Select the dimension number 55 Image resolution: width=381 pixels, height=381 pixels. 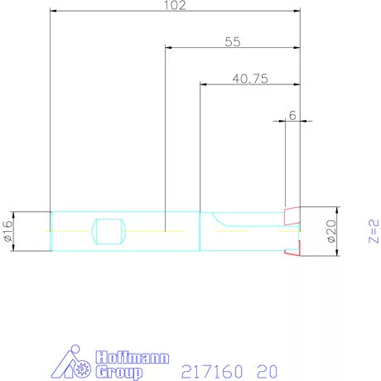pos(233,41)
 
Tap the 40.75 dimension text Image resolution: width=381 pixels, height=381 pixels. pos(249,78)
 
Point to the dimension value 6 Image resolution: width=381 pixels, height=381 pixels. pos(292,116)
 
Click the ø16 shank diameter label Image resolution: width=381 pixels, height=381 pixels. pos(8,231)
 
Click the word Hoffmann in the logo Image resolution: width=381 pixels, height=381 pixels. pos(133,359)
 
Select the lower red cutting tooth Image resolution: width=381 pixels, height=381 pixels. pos(291,249)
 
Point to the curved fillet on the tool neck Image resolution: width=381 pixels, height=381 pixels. pos(219,219)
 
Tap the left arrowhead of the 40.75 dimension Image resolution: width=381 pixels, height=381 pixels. pos(203,84)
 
